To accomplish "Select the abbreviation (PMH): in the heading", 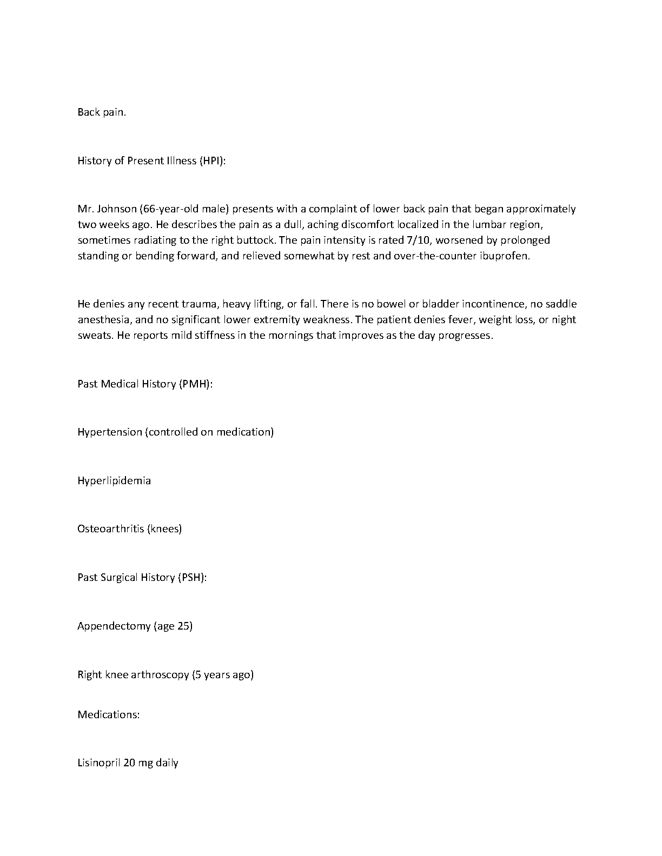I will click(195, 384).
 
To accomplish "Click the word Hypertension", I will click(110, 432).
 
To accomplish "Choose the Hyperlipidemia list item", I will click(114, 481).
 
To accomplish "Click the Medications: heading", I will click(109, 714).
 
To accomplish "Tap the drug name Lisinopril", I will click(99, 763).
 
